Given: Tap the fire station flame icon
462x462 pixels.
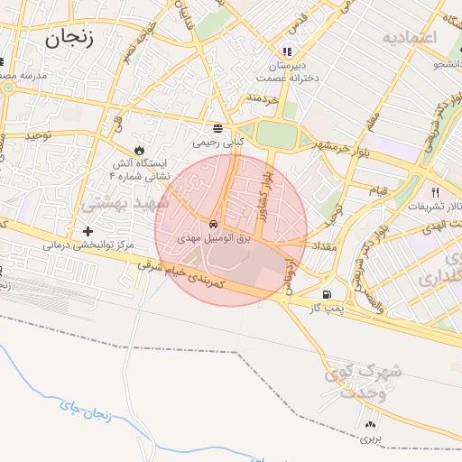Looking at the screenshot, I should coord(139,148).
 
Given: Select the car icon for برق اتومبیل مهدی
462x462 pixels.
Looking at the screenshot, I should coord(212,223).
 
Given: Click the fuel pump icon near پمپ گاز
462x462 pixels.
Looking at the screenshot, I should coord(326,295).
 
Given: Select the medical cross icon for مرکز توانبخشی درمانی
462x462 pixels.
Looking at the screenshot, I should coord(88,231).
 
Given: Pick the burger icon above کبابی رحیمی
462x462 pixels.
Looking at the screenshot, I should coord(217,128).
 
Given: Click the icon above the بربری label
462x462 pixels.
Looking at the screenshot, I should coord(371,424).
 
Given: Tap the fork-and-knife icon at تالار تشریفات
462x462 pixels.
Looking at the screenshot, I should coord(436,191).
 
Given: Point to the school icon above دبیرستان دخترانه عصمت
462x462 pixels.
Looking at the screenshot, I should coord(288,51).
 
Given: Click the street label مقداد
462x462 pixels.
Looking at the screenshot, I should coord(323,245).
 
